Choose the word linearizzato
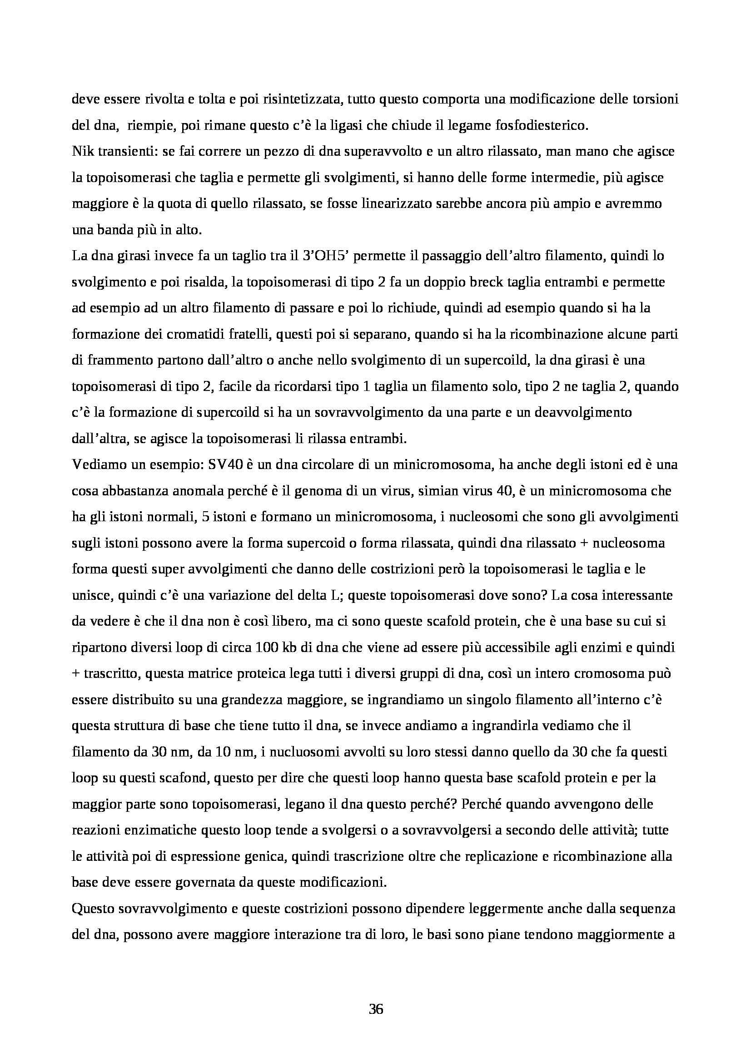408,204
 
